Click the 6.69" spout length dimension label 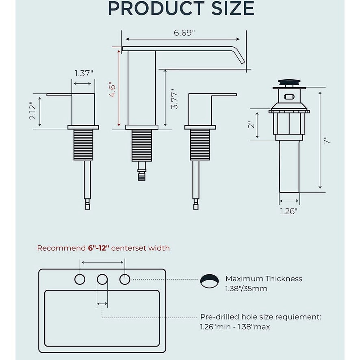pyautogui.click(x=184, y=33)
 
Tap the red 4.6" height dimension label pyautogui.click(x=113, y=89)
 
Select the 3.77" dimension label pyautogui.click(x=174, y=99)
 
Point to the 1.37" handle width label pyautogui.click(x=84, y=73)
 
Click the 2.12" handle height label pyautogui.click(x=33, y=111)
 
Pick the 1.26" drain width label pyautogui.click(x=288, y=211)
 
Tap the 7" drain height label pyautogui.click(x=327, y=140)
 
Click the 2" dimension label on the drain pyautogui.click(x=252, y=125)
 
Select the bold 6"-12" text pyautogui.click(x=98, y=248)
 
